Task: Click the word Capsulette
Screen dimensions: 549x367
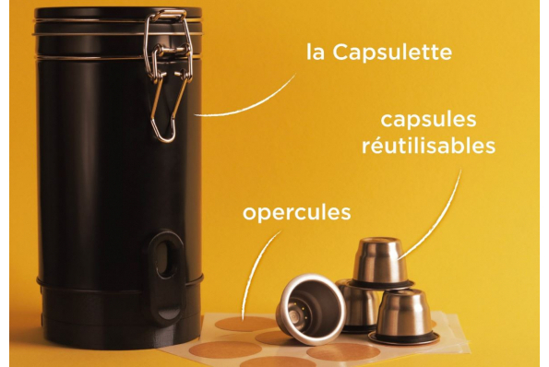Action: tap(392, 53)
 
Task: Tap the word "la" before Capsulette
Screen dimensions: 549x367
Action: tap(316, 53)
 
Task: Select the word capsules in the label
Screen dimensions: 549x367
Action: tap(428, 121)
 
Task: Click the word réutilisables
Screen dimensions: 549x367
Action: tap(428, 145)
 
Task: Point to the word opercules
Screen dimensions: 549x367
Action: tap(296, 213)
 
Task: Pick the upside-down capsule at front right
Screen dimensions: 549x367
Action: tap(403, 316)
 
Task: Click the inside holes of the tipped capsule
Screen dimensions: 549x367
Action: tap(298, 310)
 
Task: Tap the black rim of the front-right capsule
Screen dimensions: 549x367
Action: tap(404, 338)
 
